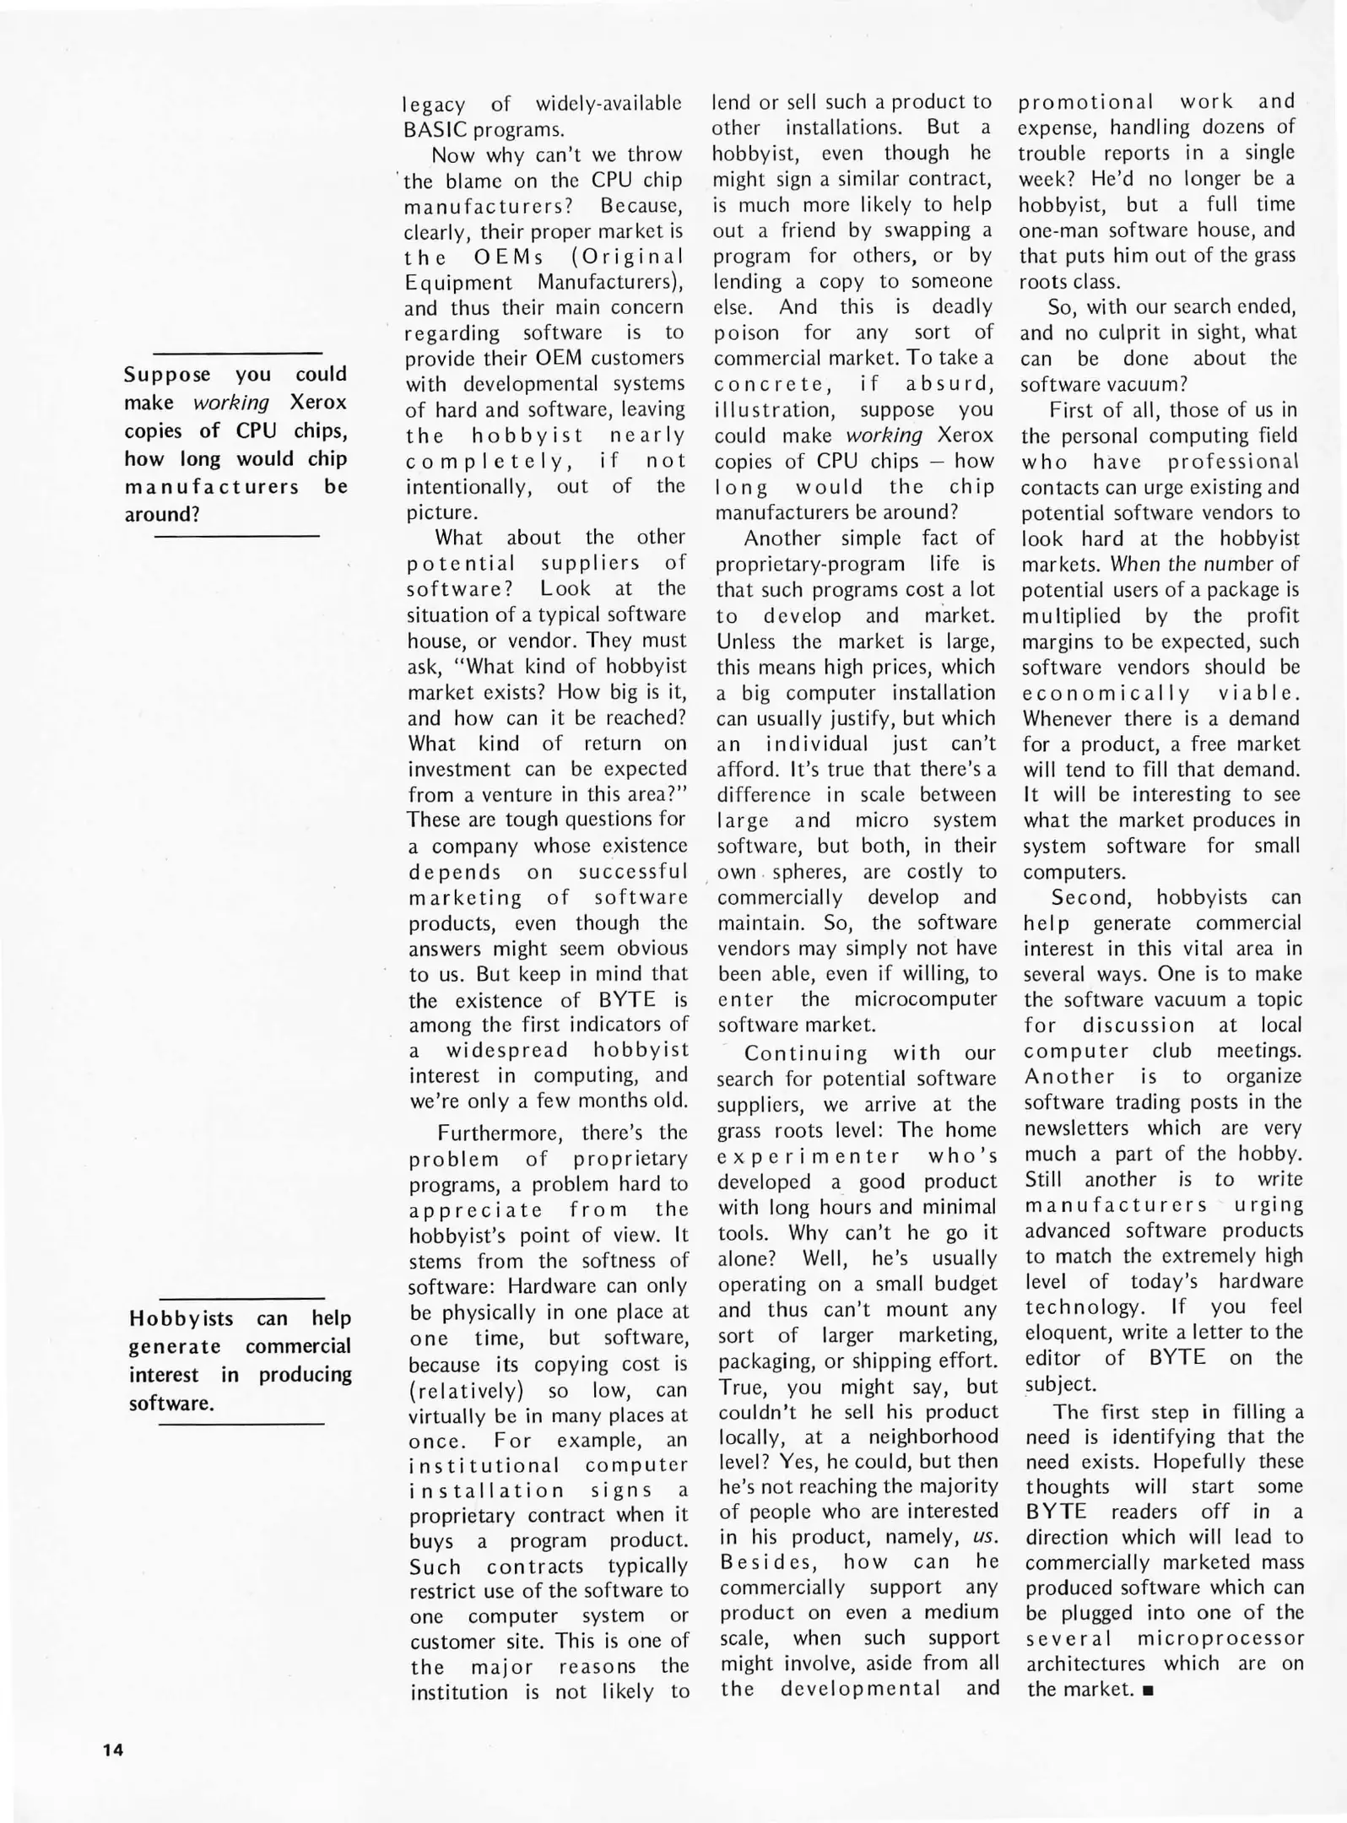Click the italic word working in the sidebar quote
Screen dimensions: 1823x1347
(x=230, y=403)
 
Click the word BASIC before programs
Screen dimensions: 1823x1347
(x=435, y=130)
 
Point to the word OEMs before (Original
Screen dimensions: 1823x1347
(x=502, y=256)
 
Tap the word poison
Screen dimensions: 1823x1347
(x=746, y=333)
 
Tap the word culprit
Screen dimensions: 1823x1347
(x=1137, y=333)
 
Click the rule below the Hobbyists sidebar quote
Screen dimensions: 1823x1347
(x=241, y=1425)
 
